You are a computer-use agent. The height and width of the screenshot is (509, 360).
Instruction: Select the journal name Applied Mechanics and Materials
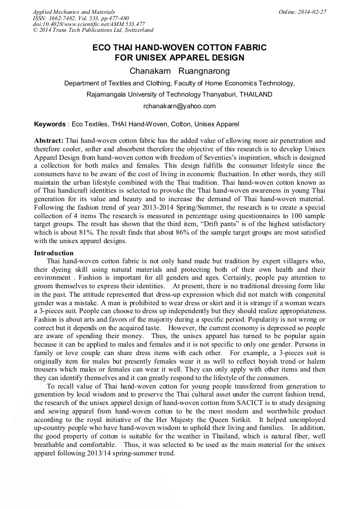(x=74, y=12)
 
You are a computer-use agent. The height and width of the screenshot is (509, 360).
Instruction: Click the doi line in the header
(x=89, y=24)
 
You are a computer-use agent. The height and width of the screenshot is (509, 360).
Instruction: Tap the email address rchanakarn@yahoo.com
(x=179, y=106)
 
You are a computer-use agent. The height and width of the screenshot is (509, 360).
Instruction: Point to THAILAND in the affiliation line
(x=255, y=94)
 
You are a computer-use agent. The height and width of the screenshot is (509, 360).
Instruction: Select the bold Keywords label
(x=49, y=124)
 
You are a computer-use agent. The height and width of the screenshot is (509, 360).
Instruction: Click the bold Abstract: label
(x=48, y=141)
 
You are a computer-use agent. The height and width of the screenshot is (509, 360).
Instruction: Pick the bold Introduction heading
(x=54, y=253)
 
